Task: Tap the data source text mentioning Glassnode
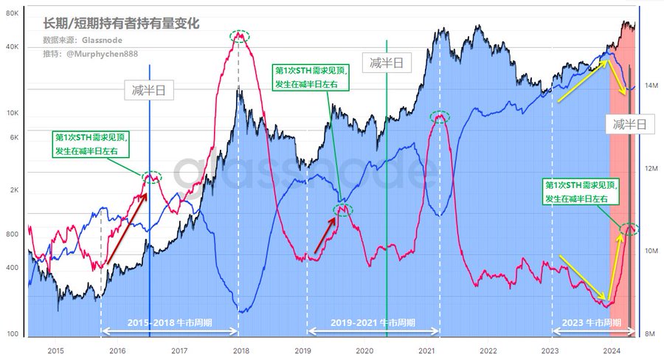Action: [x=83, y=40]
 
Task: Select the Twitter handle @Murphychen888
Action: [x=91, y=54]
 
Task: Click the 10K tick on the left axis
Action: [x=13, y=113]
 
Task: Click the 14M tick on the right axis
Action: [x=650, y=86]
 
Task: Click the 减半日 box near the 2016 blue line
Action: [x=148, y=91]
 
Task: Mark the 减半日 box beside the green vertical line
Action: [x=386, y=63]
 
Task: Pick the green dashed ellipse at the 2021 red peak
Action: [x=440, y=116]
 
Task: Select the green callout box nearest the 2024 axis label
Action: [x=581, y=192]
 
